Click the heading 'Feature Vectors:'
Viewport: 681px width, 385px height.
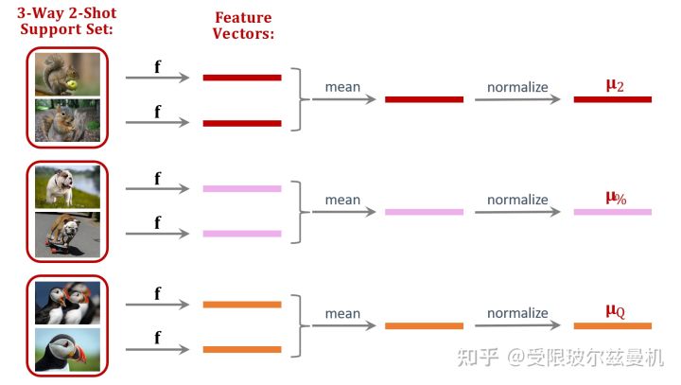click(244, 26)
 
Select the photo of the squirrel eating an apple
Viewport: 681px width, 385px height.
click(67, 74)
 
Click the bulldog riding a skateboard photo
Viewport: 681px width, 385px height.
click(67, 234)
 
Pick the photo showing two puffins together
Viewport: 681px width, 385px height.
click(67, 302)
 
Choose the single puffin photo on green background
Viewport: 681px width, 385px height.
click(67, 349)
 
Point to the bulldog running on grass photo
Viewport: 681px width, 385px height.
click(67, 186)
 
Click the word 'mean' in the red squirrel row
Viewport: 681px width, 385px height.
click(342, 87)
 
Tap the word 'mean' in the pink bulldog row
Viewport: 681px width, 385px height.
click(342, 200)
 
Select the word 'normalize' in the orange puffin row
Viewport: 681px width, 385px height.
click(517, 313)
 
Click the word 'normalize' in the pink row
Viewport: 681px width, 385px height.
click(517, 200)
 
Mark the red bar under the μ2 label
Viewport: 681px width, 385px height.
click(612, 99)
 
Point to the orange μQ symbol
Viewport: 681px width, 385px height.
click(615, 310)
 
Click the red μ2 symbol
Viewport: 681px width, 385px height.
click(615, 85)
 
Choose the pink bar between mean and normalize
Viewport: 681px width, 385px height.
click(424, 212)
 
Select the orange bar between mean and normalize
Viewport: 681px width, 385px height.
click(424, 326)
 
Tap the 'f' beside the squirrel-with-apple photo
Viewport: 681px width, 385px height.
click(157, 66)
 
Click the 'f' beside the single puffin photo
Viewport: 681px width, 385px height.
click(157, 338)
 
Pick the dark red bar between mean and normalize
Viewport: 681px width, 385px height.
click(424, 99)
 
